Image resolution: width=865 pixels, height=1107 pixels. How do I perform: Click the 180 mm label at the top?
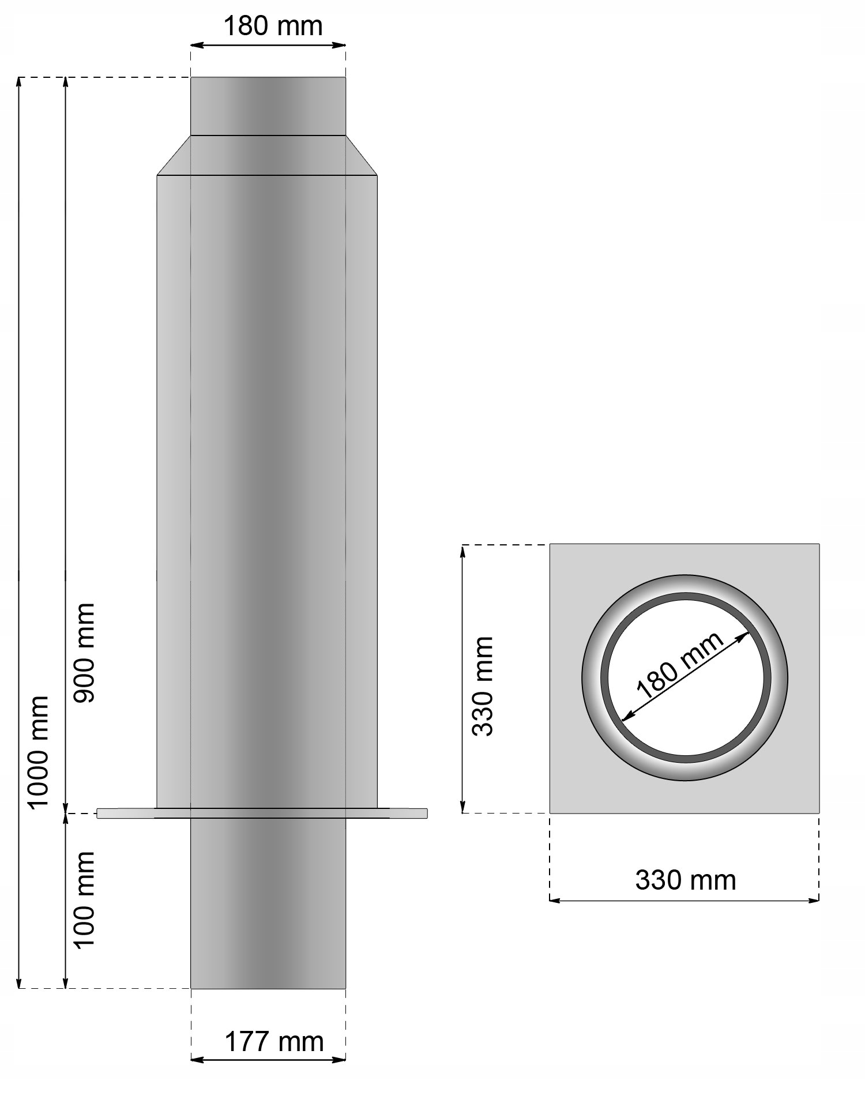272,27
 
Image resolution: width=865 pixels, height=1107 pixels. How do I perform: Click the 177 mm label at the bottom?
273,1042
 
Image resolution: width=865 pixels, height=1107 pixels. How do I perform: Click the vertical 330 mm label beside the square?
483,686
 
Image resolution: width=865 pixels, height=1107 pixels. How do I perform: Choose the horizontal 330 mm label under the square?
685,880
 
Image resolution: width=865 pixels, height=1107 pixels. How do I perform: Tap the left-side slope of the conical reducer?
174,155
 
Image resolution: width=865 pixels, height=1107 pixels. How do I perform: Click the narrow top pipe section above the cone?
268,106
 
